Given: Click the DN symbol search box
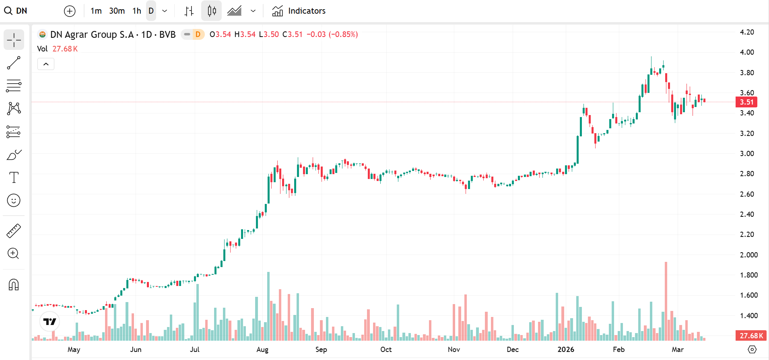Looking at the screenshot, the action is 16,11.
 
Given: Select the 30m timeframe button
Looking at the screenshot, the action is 117,11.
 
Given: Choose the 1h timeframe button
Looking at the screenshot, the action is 137,11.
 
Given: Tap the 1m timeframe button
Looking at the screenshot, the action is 96,11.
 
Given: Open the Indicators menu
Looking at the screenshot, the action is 299,11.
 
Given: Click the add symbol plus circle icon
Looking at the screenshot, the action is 70,11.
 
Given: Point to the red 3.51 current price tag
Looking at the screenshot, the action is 746,102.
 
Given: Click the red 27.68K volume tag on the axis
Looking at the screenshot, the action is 751,335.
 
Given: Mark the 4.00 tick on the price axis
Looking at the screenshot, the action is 747,52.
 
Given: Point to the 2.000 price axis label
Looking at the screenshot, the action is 749,255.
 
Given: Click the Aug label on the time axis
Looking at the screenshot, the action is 262,350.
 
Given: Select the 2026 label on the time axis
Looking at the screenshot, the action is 566,350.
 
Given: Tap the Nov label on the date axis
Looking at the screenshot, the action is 454,350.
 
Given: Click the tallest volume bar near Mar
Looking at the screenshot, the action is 666,301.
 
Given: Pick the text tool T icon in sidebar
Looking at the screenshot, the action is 14,177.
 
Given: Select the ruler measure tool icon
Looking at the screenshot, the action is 14,231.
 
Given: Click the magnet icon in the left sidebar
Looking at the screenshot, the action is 14,284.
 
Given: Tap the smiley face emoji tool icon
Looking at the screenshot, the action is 14,200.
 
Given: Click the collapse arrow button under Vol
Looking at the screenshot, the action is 46,64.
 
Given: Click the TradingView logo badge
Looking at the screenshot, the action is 50,321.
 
